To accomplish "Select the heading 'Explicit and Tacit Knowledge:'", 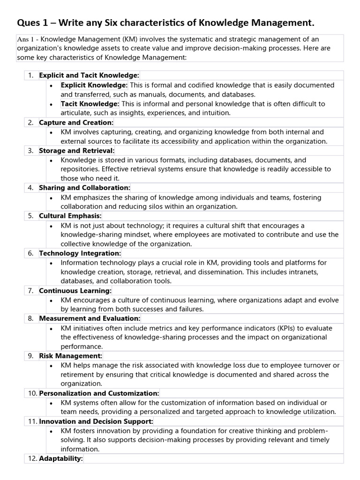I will tap(89, 75).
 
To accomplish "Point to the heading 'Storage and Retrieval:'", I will tap(76, 150).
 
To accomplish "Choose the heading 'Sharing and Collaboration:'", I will tap(84, 187).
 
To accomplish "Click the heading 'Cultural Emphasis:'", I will tap(70, 216).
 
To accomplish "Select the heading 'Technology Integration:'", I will tap(80, 253).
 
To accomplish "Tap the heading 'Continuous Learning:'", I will tap(75, 291).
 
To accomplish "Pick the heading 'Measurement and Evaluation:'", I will tap(90, 318).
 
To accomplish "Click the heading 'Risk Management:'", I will tap(70, 356).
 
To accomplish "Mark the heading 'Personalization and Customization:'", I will tap(99, 393).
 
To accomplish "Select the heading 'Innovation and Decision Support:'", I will tap(96, 421).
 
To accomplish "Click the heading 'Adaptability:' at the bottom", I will tap(61, 458).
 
